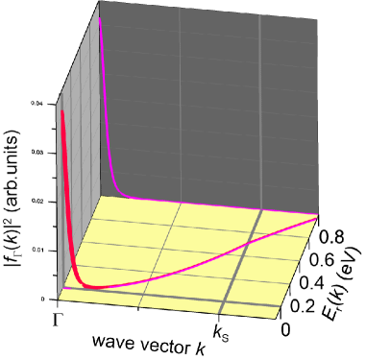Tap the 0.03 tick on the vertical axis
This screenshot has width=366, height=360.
click(37, 151)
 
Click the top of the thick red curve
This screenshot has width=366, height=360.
click(61, 111)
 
